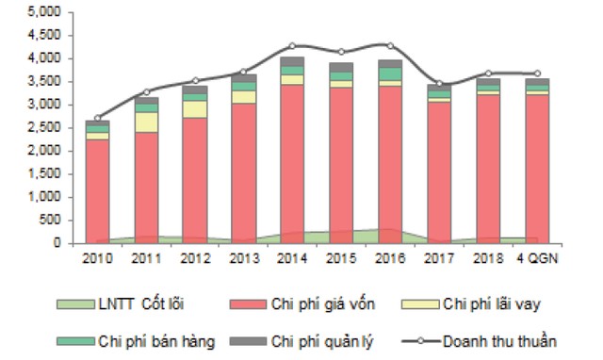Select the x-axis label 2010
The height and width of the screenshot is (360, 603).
click(97, 257)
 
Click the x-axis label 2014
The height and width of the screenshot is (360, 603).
click(291, 257)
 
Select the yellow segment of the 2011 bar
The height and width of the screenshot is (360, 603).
click(146, 122)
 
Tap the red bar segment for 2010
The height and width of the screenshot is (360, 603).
click(97, 188)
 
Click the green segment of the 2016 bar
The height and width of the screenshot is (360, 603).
click(388, 74)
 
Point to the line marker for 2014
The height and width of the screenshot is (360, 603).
click(292, 45)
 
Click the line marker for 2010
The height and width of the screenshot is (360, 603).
click(98, 118)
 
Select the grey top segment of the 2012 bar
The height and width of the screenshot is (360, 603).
click(194, 90)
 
